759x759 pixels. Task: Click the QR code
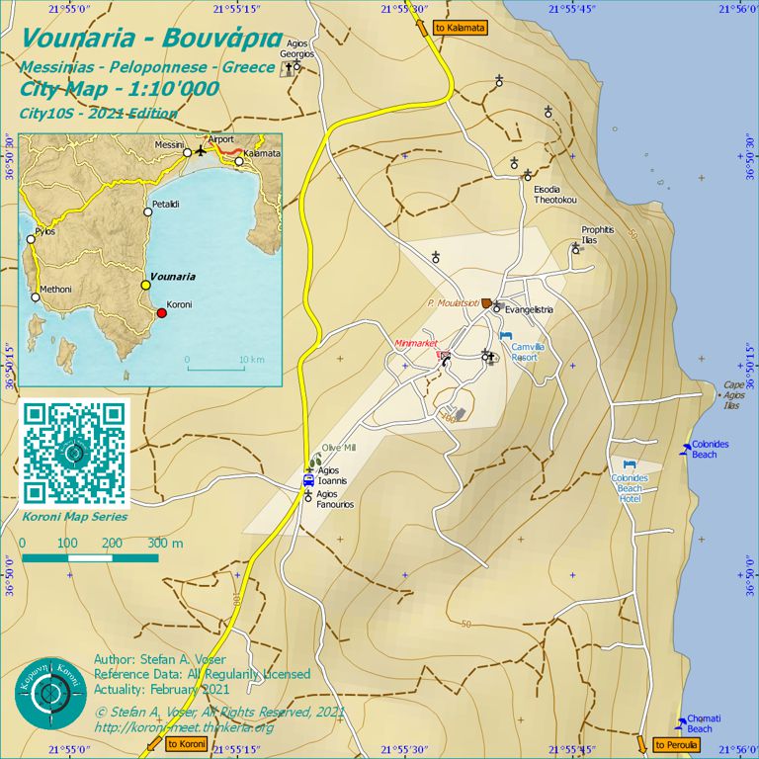click(74, 454)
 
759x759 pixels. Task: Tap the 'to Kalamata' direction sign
click(460, 28)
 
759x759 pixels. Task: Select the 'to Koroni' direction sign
click(186, 743)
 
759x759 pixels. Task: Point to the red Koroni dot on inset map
click(162, 313)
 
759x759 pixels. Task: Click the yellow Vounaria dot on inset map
click(145, 285)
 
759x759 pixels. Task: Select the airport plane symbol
click(202, 151)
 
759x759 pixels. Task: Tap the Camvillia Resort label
click(525, 351)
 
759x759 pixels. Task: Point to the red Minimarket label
click(415, 343)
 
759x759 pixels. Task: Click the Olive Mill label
click(338, 448)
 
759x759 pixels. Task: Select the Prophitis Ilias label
click(598, 234)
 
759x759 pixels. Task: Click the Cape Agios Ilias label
click(732, 395)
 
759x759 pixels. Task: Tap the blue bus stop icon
click(308, 480)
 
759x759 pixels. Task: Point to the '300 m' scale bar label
click(165, 544)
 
